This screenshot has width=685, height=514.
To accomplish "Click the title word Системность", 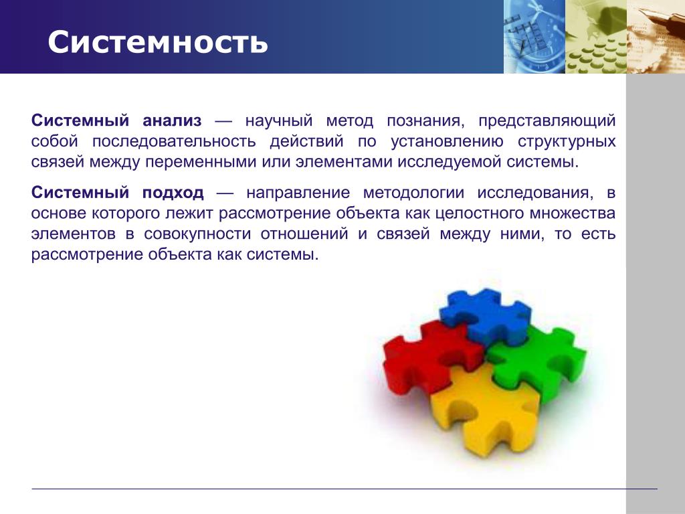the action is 158,42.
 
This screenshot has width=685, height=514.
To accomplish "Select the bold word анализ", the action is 172,120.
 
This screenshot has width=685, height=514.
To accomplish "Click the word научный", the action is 279,120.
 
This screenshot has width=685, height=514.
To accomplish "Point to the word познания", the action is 423,120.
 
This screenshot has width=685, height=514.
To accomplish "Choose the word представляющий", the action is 547,121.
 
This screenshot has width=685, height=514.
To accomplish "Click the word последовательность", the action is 174,142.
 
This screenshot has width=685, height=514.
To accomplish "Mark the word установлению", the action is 446,142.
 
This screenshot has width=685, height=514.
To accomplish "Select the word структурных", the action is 567,142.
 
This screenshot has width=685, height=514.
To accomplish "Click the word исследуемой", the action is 450,163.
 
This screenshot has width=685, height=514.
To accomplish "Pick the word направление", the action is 298,193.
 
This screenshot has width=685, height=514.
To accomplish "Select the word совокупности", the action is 197,234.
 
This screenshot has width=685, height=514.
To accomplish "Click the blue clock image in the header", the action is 534,37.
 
